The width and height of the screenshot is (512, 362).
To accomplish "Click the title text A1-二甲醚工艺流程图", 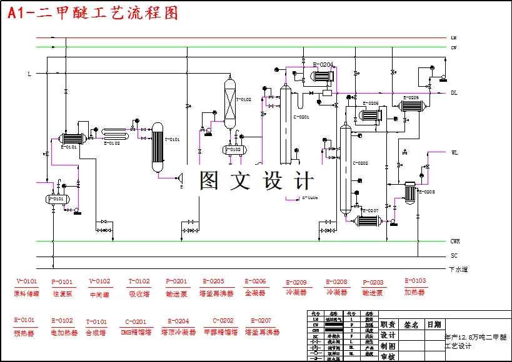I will click(93, 13).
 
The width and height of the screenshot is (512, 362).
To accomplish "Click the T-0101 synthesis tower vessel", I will click(157, 147).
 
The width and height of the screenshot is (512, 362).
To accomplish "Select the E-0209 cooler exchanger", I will click(412, 106).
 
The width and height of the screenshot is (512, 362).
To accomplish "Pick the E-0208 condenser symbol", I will click(410, 192).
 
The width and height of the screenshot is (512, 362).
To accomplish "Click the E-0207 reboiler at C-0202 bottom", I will click(368, 221).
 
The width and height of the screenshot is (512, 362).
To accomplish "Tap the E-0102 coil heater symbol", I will click(116, 132).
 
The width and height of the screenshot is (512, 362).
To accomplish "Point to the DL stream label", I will click(454, 93).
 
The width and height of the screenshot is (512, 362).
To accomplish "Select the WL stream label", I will click(454, 152).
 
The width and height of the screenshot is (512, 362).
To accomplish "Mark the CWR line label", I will click(456, 242).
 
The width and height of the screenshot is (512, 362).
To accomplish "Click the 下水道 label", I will click(458, 270).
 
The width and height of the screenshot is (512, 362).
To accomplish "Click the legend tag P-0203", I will click(373, 282).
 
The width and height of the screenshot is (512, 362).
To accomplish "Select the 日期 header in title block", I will click(434, 325).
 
